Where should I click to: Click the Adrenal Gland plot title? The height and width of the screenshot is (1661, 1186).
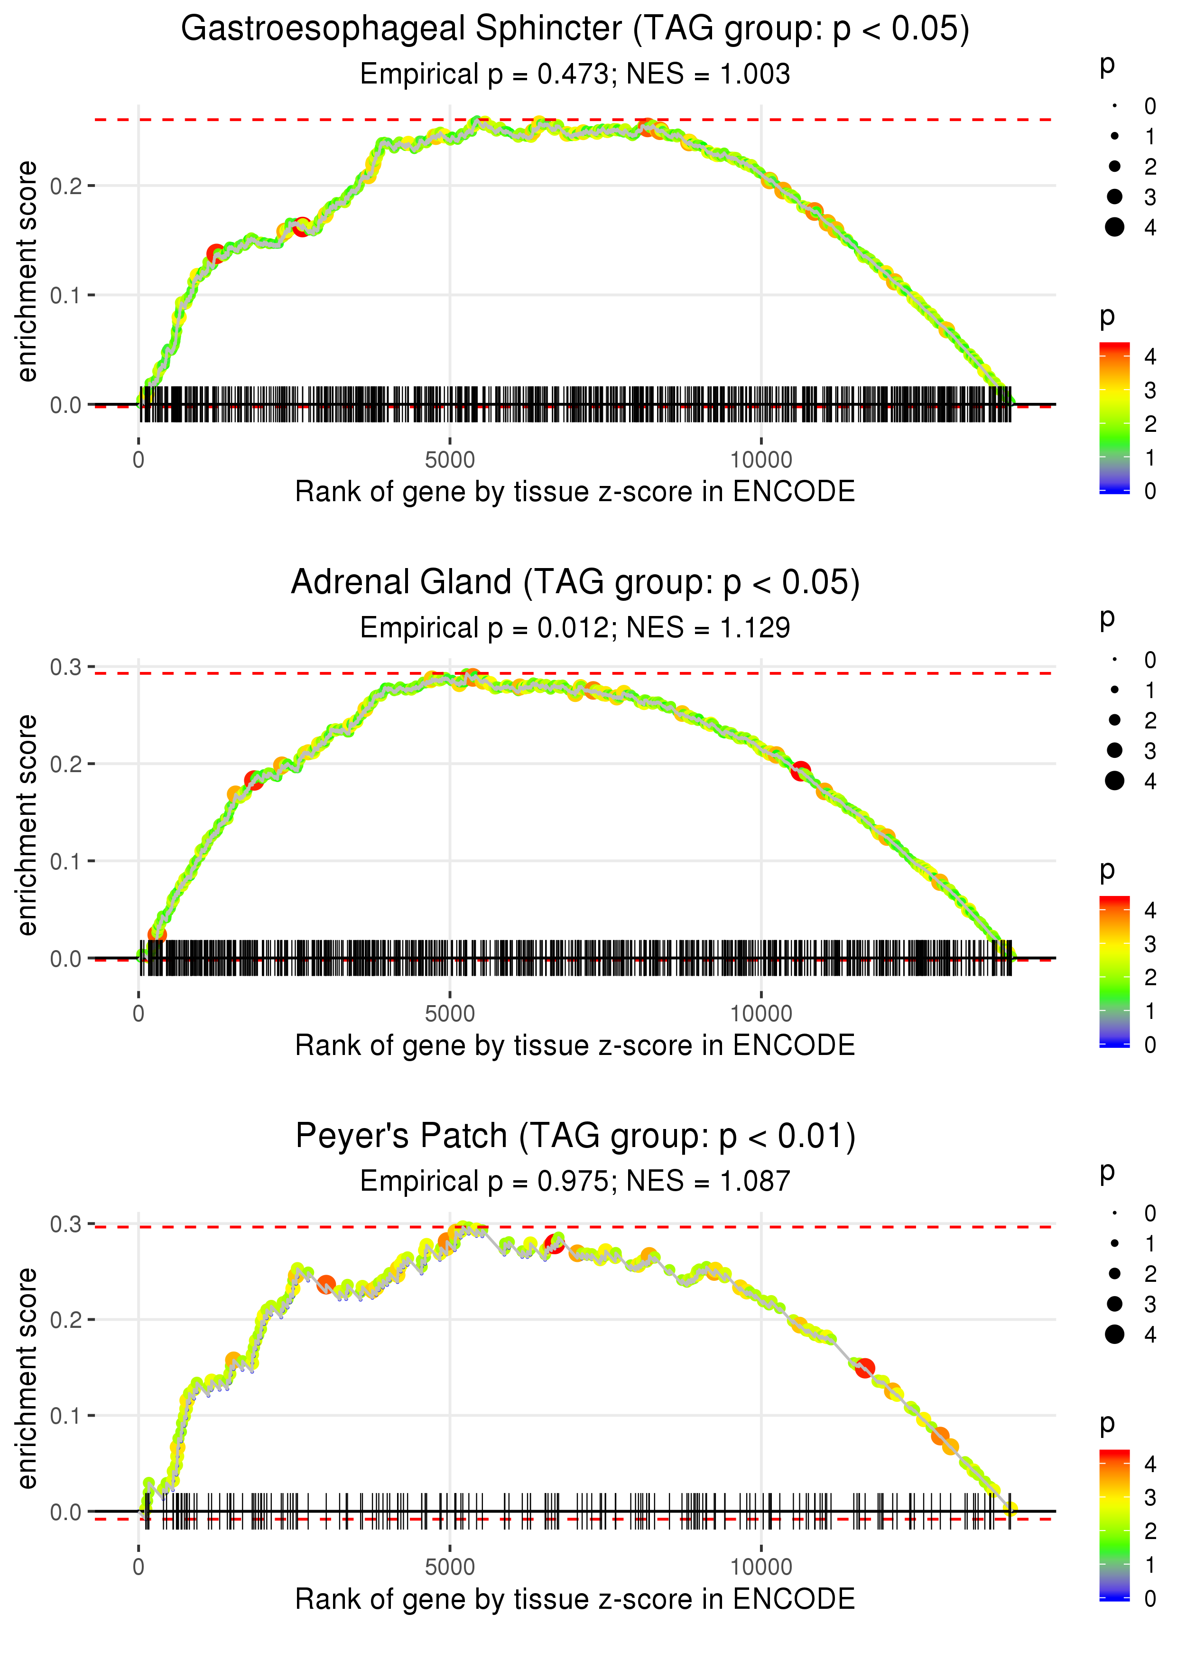pos(575,583)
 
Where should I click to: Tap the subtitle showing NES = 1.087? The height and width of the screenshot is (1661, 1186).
pos(575,1181)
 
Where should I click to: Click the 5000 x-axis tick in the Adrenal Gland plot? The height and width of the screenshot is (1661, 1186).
pos(450,1014)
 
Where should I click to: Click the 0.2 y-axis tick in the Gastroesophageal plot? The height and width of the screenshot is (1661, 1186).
pos(66,186)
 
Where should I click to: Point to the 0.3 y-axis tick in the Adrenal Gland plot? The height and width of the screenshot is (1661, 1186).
pos(66,667)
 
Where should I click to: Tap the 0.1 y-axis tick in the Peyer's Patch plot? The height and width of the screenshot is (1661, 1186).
pos(66,1416)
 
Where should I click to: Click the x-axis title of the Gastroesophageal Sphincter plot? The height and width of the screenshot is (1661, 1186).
pos(575,492)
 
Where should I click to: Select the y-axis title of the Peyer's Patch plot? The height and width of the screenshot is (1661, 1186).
pos(27,1378)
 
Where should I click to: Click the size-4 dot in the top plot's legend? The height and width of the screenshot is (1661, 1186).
pos(1114,227)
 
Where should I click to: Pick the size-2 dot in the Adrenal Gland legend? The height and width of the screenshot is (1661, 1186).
pos(1114,720)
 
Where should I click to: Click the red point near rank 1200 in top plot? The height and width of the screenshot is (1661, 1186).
pos(215,254)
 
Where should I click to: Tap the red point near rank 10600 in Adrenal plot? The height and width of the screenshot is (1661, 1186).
pos(801,771)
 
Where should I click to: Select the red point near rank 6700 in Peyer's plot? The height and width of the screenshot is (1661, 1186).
pos(554,1244)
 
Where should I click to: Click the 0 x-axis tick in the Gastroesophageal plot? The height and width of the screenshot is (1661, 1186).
pos(139,460)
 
